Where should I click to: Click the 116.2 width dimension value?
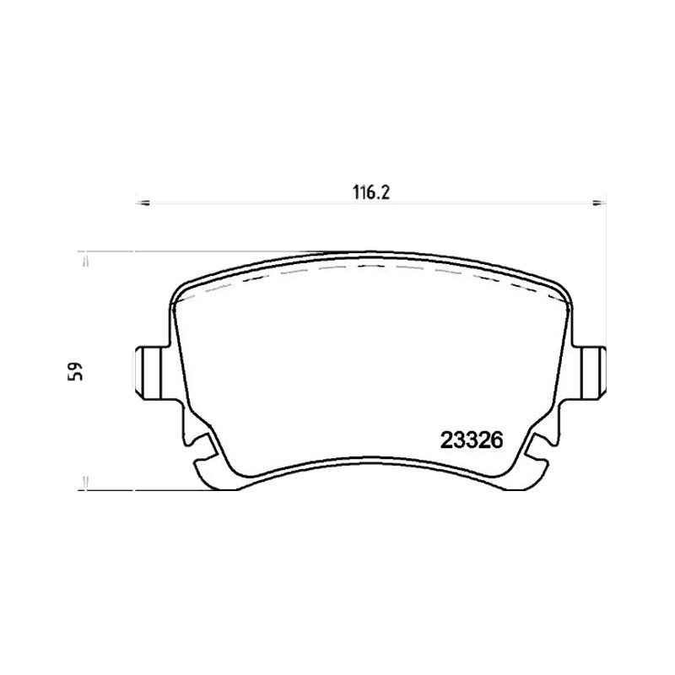point(371,192)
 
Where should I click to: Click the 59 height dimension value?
point(74,370)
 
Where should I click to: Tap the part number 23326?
point(472,440)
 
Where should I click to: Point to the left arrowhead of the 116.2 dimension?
point(142,202)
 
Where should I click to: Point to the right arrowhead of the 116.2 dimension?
point(599,202)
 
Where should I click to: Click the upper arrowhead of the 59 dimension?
point(86,260)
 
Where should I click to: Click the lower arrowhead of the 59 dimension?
point(86,483)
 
